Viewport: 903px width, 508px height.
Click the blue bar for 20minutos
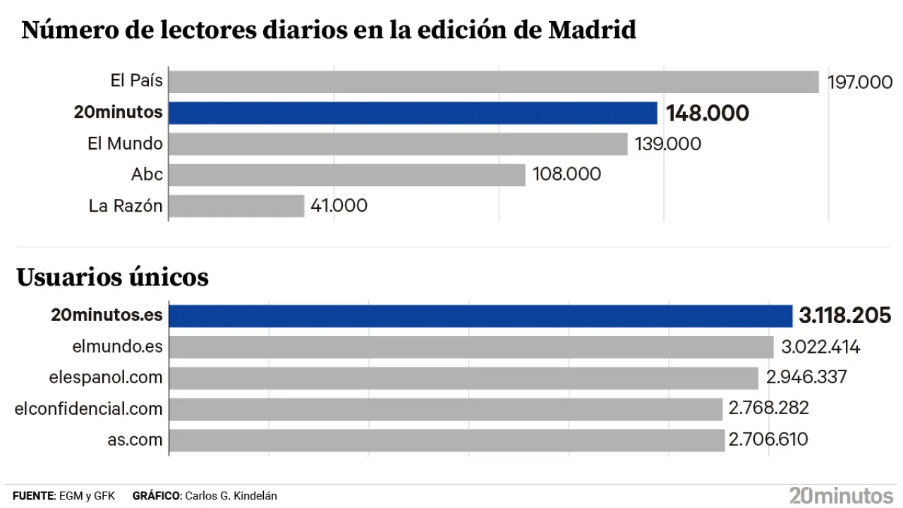pyautogui.click(x=413, y=113)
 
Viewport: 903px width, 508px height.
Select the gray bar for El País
pyautogui.click(x=494, y=82)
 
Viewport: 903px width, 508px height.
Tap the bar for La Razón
pyautogui.click(x=236, y=206)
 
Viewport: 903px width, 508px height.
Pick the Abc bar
pyautogui.click(x=347, y=175)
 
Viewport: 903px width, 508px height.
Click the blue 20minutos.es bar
pyautogui.click(x=481, y=316)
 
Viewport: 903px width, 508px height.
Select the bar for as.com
pyautogui.click(x=447, y=440)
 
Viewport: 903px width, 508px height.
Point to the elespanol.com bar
pyautogui.click(x=464, y=378)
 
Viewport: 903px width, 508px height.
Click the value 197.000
pyautogui.click(x=860, y=83)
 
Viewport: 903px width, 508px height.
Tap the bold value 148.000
pyautogui.click(x=707, y=114)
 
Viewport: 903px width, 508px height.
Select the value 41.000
pyautogui.click(x=339, y=206)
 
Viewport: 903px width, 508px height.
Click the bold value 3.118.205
pyautogui.click(x=844, y=316)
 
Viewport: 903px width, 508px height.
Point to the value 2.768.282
pyautogui.click(x=769, y=409)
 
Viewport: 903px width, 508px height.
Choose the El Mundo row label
pyautogui.click(x=125, y=144)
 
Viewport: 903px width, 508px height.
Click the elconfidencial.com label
pyautogui.click(x=89, y=409)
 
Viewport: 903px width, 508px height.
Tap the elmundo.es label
pyautogui.click(x=117, y=346)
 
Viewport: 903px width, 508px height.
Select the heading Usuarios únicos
pyautogui.click(x=113, y=277)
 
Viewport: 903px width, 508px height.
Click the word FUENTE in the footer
pyautogui.click(x=33, y=496)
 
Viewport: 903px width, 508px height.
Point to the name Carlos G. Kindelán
pyautogui.click(x=231, y=496)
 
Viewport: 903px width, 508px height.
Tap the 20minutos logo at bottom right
pyautogui.click(x=841, y=495)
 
